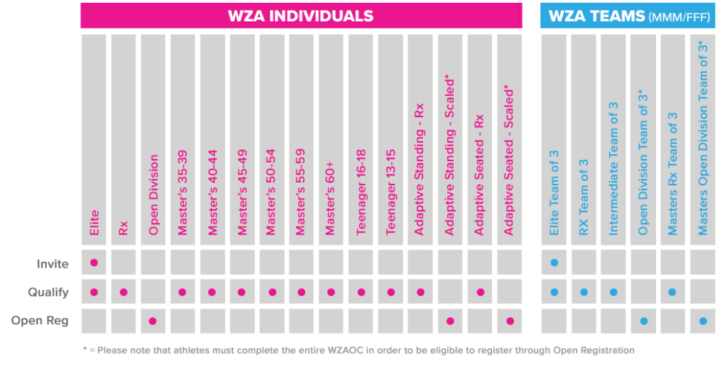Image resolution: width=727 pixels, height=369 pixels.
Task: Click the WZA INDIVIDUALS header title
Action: click(300, 16)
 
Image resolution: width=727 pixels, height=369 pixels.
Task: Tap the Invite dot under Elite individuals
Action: click(94, 263)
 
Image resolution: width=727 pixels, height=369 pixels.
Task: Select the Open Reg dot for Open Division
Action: click(153, 321)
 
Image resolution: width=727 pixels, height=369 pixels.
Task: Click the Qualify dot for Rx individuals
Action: click(124, 292)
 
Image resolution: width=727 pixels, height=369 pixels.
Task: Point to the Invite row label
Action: click(53, 264)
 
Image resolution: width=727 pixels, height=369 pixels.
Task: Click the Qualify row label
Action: click(48, 292)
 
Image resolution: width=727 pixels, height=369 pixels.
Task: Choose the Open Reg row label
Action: click(40, 321)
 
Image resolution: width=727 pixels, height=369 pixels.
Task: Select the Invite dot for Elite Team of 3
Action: click(554, 263)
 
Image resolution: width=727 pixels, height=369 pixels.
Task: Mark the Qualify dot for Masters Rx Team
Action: click(672, 292)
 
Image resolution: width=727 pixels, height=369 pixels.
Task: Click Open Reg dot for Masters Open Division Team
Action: click(702, 321)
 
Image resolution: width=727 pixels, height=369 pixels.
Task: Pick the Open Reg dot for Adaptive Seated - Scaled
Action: click(510, 321)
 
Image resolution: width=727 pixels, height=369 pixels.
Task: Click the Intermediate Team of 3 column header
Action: click(614, 170)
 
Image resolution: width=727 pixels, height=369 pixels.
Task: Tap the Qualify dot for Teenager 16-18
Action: click(361, 292)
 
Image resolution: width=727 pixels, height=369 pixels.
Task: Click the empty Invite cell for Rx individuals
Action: click(124, 263)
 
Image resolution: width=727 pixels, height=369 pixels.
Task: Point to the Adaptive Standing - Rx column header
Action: click(420, 170)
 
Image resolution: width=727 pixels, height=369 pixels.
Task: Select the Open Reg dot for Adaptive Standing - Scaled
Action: click(450, 321)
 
